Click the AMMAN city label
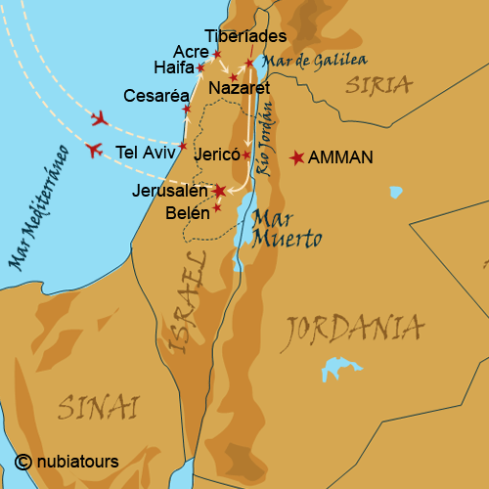(x=340, y=156)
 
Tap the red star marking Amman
(x=297, y=156)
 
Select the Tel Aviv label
(x=145, y=152)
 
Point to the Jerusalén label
(x=169, y=191)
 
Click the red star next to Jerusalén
(x=220, y=191)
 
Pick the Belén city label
(x=188, y=211)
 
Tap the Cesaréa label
(x=151, y=96)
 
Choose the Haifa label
(x=173, y=67)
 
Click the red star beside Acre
(x=217, y=54)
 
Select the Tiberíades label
(x=246, y=36)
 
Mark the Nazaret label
(x=239, y=88)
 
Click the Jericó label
(x=216, y=155)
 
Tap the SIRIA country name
(x=378, y=85)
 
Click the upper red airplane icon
(x=99, y=119)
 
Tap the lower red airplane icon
(x=94, y=150)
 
